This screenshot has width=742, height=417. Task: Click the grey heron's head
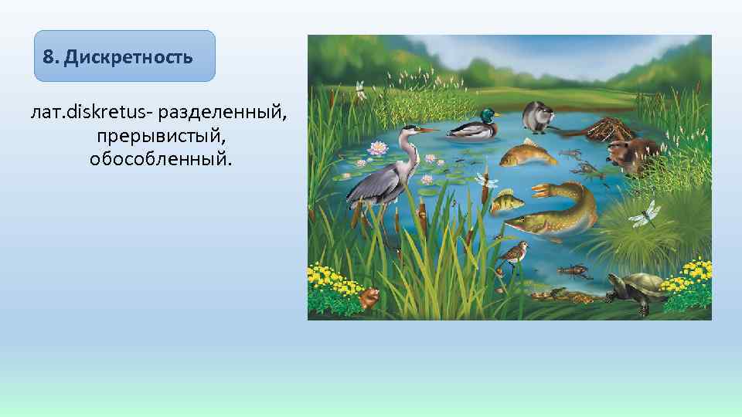(x=410, y=132)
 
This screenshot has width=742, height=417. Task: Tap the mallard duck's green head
(x=488, y=115)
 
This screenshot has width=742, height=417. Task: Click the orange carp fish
(x=528, y=153)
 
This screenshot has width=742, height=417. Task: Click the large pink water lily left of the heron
(x=378, y=148)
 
